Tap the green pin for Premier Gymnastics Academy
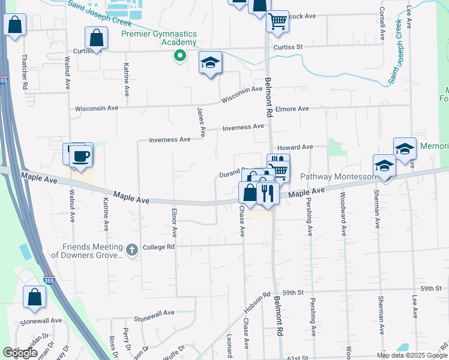[179, 56]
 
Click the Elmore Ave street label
[292, 109]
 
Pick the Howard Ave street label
[295, 147]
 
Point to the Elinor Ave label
[175, 222]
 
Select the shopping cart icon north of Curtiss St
[277, 21]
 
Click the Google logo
[20, 353]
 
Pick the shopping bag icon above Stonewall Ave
[35, 296]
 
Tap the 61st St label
[297, 358]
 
